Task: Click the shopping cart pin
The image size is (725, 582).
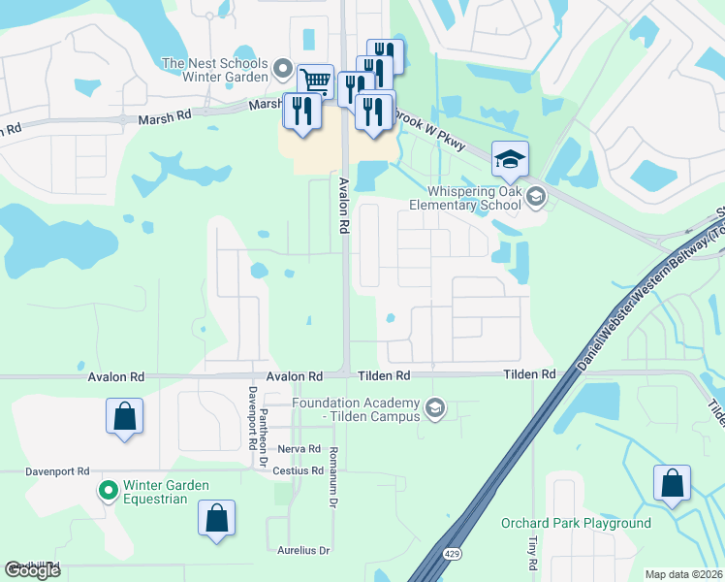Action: [316, 81]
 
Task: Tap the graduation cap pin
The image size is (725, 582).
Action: [510, 159]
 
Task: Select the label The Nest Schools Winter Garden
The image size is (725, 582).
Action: [214, 70]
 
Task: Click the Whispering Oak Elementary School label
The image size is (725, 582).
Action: [478, 198]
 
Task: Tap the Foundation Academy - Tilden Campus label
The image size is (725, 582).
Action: [358, 409]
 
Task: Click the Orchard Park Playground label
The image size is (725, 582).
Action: [576, 524]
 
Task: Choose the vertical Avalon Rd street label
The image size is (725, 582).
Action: [343, 205]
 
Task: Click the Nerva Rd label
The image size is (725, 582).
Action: [299, 449]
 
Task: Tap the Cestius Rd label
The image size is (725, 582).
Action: [298, 471]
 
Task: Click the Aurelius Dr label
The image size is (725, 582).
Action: [303, 550]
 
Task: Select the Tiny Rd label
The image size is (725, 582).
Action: [533, 551]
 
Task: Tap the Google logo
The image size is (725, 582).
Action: [32, 570]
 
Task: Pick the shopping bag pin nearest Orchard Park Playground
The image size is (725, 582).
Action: [672, 483]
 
